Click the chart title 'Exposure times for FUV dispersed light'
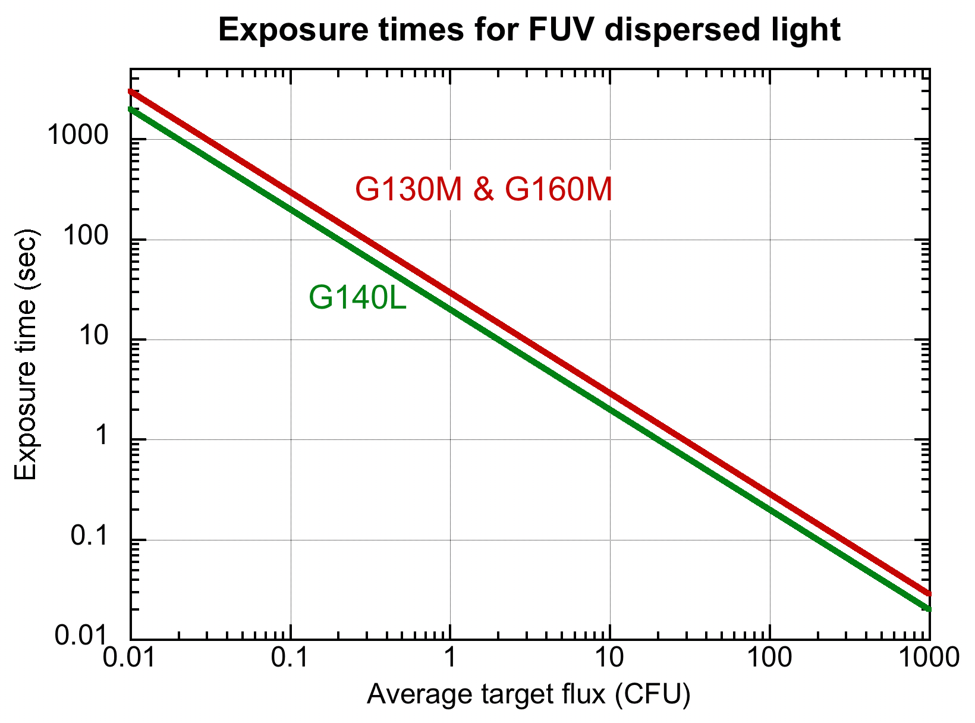tap(529, 30)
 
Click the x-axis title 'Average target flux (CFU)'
tap(529, 694)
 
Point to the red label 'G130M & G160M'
tap(483, 190)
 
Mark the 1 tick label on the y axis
tap(103, 436)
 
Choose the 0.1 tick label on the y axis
tap(89, 537)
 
